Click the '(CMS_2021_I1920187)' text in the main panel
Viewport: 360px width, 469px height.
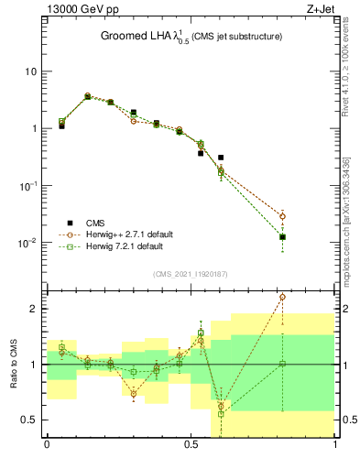(x=191, y=274)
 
